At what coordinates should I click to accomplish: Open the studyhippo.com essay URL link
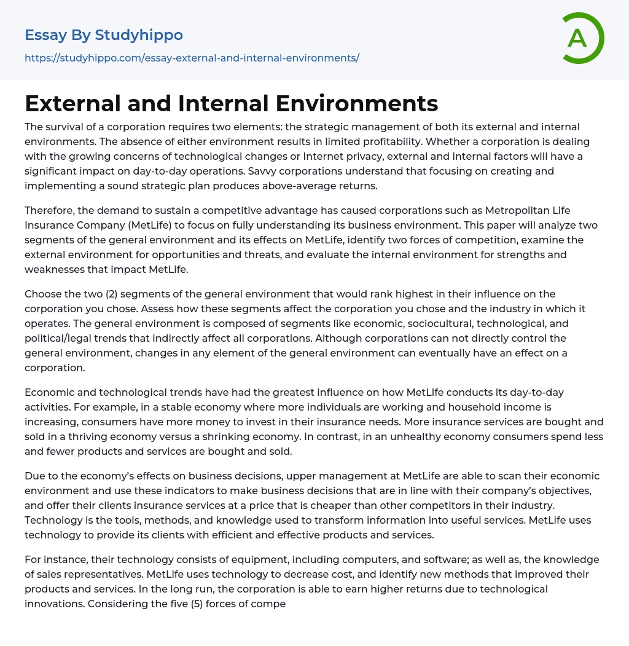(192, 58)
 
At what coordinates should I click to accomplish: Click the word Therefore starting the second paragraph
(53, 210)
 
